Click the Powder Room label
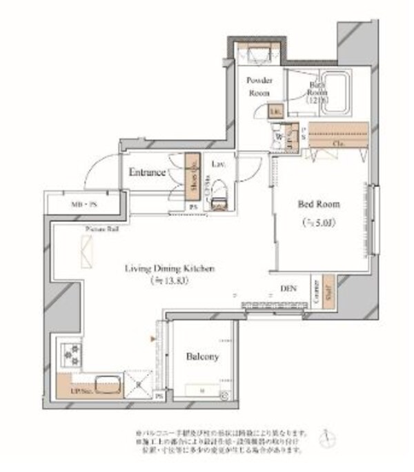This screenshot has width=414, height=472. coord(259,85)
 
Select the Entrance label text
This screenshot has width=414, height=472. coord(147,172)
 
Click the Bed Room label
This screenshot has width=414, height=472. coord(319,204)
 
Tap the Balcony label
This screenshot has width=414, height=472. coord(202,357)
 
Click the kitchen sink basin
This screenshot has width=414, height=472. coord(106,384)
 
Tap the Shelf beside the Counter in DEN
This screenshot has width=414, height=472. coord(327,292)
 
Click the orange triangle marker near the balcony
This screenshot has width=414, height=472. coord(153,338)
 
